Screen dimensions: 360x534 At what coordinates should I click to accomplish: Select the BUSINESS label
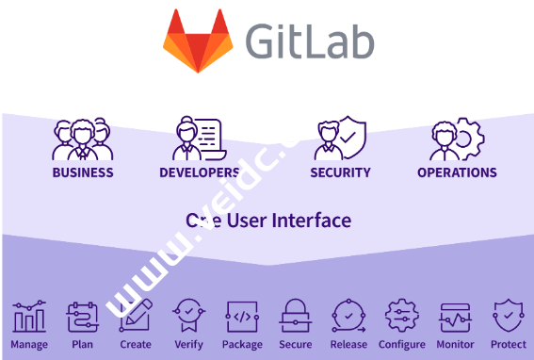click(x=83, y=172)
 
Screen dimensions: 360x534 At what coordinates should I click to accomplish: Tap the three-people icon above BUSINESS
click(x=82, y=139)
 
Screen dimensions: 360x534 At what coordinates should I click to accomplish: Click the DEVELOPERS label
click(x=199, y=172)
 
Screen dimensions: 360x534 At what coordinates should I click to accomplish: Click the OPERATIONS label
click(x=457, y=172)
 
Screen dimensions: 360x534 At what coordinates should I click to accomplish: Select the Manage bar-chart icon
click(x=29, y=318)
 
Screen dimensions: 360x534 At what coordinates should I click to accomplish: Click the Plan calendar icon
click(x=82, y=318)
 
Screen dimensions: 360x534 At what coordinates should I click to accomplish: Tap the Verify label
click(x=187, y=345)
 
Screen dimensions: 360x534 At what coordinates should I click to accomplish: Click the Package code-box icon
click(x=243, y=318)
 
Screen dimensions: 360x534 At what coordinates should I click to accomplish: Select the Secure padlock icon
click(x=296, y=318)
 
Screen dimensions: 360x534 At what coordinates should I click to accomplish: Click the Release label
click(x=348, y=345)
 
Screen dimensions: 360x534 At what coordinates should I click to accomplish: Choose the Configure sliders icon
click(x=402, y=318)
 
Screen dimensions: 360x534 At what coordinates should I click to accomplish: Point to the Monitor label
click(x=455, y=345)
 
